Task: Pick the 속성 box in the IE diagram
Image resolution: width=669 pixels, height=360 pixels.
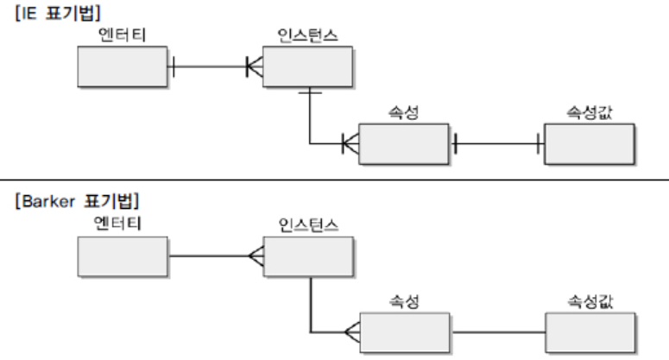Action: coord(404,143)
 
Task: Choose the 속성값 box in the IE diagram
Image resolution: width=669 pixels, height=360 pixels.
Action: coord(589,143)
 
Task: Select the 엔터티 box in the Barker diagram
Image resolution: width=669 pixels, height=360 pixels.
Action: coord(123,256)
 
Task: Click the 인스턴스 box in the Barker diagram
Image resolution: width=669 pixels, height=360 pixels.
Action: coord(307,256)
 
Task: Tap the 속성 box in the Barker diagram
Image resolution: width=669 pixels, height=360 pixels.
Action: coord(404,332)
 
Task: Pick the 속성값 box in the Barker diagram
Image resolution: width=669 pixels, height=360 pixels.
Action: coord(590,332)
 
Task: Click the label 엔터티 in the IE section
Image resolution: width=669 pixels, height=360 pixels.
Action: coord(123,35)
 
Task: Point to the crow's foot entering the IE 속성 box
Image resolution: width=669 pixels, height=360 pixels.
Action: coord(350,143)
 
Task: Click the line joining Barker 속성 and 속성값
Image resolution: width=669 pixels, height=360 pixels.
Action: coord(498,332)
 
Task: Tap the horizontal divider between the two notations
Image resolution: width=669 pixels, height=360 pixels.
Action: coord(334,180)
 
